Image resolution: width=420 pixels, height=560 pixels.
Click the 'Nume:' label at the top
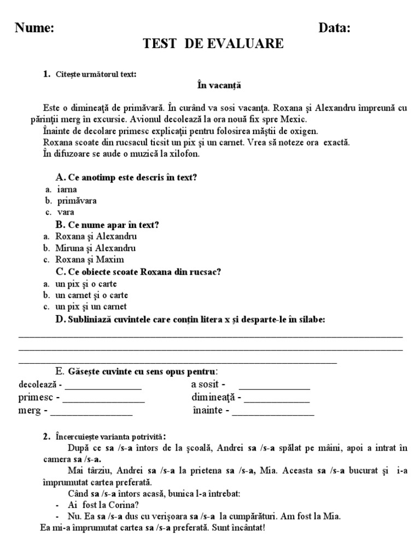click(x=34, y=28)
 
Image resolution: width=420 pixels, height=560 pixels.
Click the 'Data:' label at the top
click(x=335, y=28)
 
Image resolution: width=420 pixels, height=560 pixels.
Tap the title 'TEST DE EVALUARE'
click(x=213, y=44)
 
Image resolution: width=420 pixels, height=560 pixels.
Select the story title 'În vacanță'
click(x=219, y=85)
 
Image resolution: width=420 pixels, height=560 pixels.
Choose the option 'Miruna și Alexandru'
click(x=96, y=248)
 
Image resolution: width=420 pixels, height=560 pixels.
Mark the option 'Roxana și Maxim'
click(x=90, y=259)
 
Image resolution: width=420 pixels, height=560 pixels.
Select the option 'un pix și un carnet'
click(x=91, y=306)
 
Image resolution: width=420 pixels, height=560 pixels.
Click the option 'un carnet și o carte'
click(x=92, y=295)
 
